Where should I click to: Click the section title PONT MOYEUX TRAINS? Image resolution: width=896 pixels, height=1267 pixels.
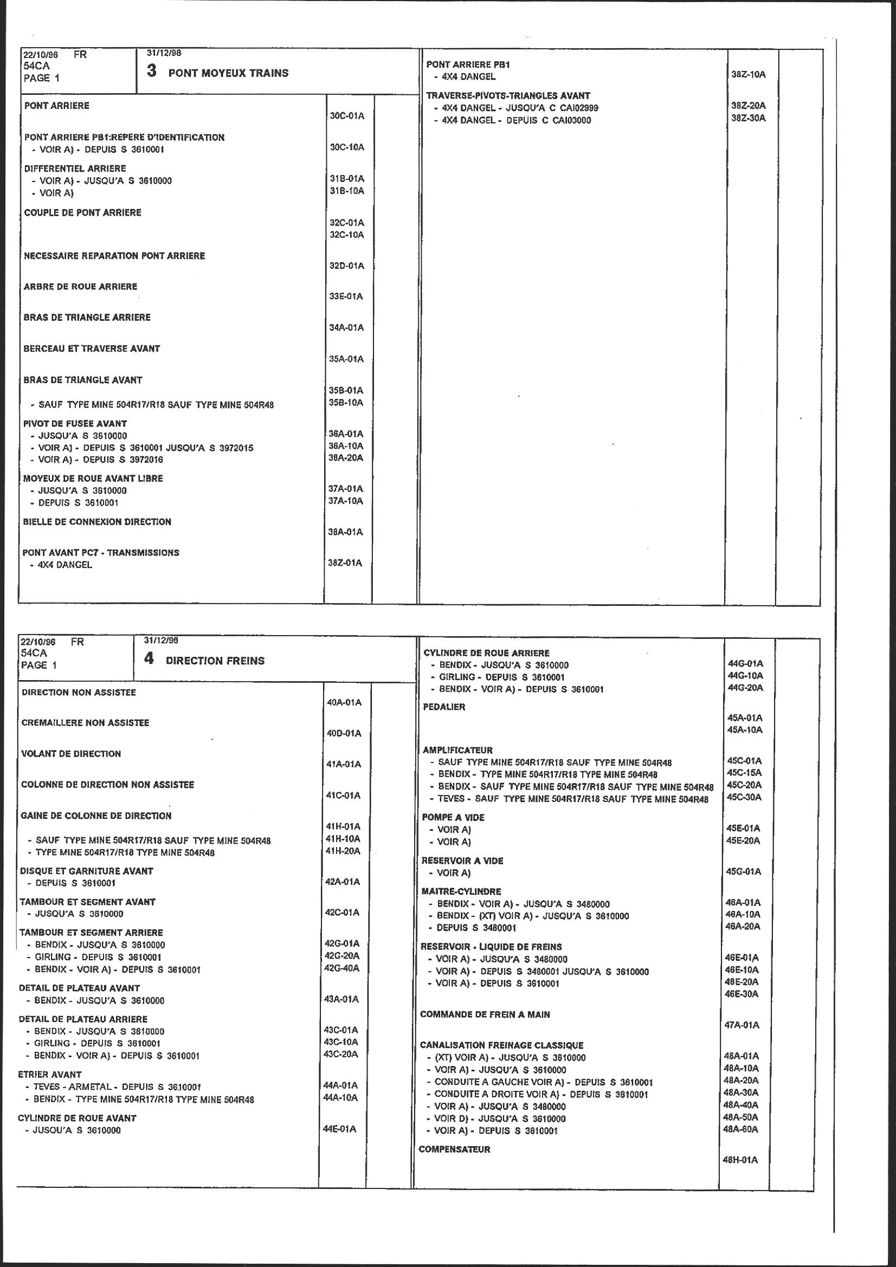point(228,73)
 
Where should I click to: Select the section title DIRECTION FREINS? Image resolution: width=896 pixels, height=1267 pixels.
point(215,661)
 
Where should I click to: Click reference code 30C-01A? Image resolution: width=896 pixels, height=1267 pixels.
point(347,116)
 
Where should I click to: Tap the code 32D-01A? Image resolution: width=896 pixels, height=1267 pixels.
point(347,266)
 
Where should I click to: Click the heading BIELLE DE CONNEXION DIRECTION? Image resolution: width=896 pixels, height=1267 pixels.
point(97,521)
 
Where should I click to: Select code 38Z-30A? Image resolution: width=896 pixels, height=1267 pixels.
point(748,118)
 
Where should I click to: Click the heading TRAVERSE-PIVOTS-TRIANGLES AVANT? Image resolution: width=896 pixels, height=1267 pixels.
point(508,95)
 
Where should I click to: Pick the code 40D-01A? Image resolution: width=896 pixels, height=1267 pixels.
point(344,733)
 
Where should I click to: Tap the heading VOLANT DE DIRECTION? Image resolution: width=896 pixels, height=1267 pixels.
point(70,754)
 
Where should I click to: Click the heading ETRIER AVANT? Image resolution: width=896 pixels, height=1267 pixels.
point(50,1075)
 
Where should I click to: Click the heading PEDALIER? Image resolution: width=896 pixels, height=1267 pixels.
point(444,707)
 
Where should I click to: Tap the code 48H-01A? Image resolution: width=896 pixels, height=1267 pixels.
point(740,1160)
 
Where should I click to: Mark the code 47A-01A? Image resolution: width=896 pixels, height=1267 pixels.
point(742,1025)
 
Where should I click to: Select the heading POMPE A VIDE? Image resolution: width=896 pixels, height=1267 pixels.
point(453,817)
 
